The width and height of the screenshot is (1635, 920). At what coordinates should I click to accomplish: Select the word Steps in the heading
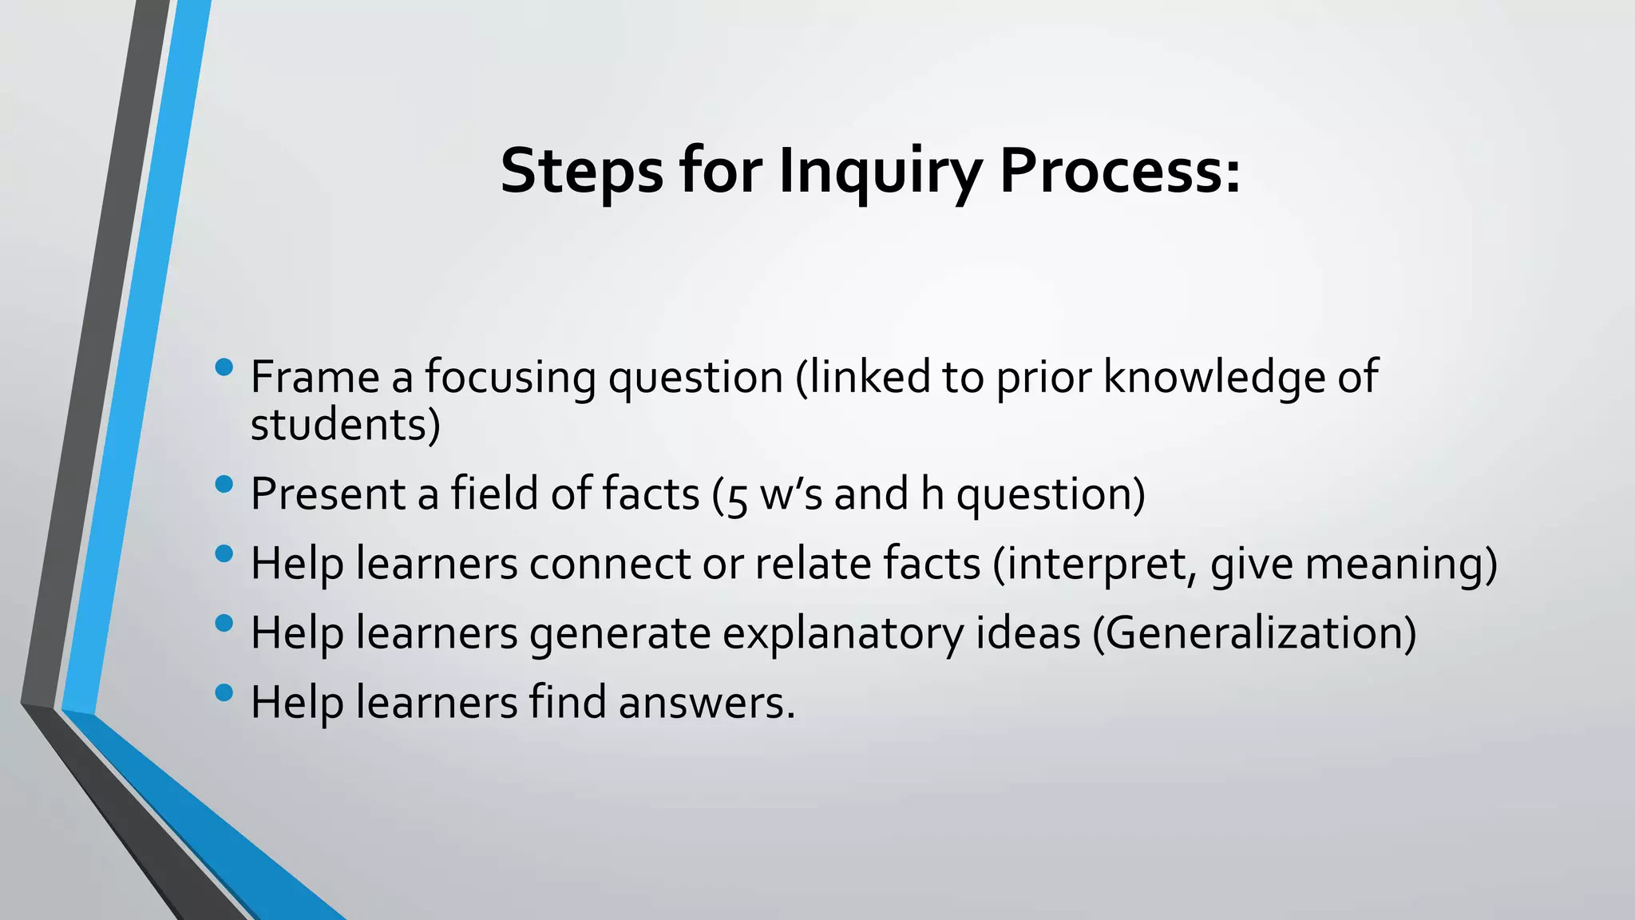click(581, 171)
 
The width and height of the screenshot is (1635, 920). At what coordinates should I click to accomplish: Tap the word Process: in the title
click(1120, 171)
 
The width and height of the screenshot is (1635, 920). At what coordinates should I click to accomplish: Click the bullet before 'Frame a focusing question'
click(224, 367)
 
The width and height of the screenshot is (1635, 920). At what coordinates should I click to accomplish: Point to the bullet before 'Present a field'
click(224, 484)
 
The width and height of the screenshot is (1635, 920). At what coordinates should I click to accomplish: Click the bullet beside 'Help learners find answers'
click(224, 692)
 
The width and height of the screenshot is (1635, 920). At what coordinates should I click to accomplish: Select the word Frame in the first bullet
click(315, 377)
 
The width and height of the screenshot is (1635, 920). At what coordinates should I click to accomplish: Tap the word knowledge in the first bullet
click(1214, 377)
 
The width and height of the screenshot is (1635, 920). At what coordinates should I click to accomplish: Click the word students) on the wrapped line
click(345, 424)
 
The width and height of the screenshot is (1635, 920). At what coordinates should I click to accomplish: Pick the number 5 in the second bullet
click(738, 497)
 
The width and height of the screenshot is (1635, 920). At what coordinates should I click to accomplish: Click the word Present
click(327, 494)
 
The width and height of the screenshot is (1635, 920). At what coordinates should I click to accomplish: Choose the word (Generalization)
click(1253, 633)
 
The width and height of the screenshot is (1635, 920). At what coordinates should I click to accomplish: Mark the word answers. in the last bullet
click(707, 703)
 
